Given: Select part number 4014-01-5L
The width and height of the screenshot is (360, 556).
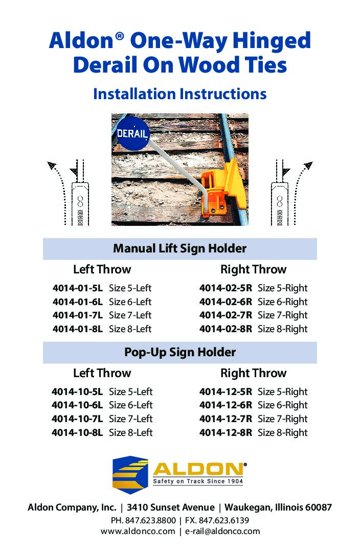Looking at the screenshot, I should pyautogui.click(x=77, y=288).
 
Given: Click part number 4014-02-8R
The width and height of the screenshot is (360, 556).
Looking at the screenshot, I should pyautogui.click(x=226, y=329).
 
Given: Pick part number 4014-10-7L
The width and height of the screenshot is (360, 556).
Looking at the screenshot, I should pyautogui.click(x=77, y=419).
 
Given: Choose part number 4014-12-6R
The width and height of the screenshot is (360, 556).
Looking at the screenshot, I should pyautogui.click(x=226, y=405).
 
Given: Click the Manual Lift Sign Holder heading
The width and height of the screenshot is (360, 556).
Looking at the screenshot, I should pyautogui.click(x=179, y=249).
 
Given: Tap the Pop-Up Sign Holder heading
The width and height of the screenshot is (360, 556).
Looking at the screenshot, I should pyautogui.click(x=179, y=353).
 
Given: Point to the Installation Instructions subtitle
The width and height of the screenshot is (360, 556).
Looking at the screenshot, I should pyautogui.click(x=179, y=94).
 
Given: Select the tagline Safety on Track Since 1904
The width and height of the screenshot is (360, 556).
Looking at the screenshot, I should pyautogui.click(x=198, y=482).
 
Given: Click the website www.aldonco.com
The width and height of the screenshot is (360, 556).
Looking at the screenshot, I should pyautogui.click(x=138, y=531).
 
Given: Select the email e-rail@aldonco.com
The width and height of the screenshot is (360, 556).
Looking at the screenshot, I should pyautogui.click(x=223, y=531).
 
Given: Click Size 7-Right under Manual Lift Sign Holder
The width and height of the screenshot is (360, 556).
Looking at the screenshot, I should pyautogui.click(x=283, y=315).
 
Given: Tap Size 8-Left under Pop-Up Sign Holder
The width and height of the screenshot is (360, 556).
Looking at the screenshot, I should pyautogui.click(x=130, y=433).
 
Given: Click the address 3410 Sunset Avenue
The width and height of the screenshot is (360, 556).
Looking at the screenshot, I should pyautogui.click(x=170, y=508).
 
